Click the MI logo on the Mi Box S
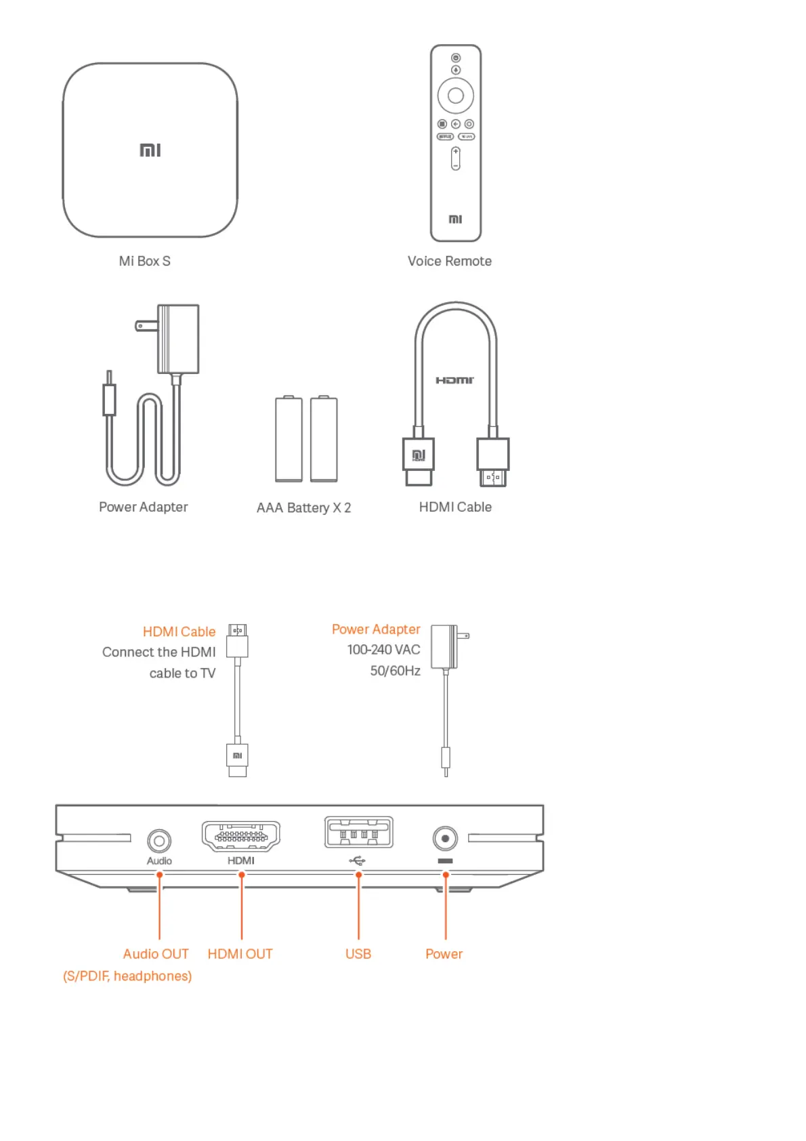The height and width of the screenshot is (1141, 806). [x=150, y=150]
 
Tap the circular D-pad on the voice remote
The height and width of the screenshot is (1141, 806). [x=455, y=96]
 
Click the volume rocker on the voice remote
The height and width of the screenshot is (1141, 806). [x=455, y=159]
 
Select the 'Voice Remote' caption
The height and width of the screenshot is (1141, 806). [x=449, y=261]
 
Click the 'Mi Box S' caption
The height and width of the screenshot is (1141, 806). [x=144, y=261]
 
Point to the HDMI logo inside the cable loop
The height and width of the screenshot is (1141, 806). [x=454, y=380]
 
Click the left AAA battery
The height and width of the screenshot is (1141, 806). [x=289, y=439]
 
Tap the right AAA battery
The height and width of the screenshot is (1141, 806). [x=324, y=439]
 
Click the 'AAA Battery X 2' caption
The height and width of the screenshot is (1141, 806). [x=303, y=507]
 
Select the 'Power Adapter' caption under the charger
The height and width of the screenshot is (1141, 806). [x=143, y=507]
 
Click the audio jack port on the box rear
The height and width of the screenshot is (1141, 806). [x=159, y=841]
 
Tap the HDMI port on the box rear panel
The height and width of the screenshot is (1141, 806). [x=240, y=836]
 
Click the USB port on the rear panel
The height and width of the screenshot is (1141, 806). [x=358, y=833]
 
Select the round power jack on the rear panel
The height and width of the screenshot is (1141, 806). [x=445, y=839]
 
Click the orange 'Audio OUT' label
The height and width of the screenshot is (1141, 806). [x=156, y=954]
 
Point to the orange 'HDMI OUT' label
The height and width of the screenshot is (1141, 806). [x=240, y=954]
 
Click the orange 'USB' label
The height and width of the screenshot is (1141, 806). [x=358, y=954]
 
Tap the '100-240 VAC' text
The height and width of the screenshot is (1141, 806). [x=383, y=650]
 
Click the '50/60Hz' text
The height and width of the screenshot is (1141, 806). [x=395, y=671]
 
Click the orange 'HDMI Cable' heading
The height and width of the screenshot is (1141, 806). [x=179, y=631]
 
